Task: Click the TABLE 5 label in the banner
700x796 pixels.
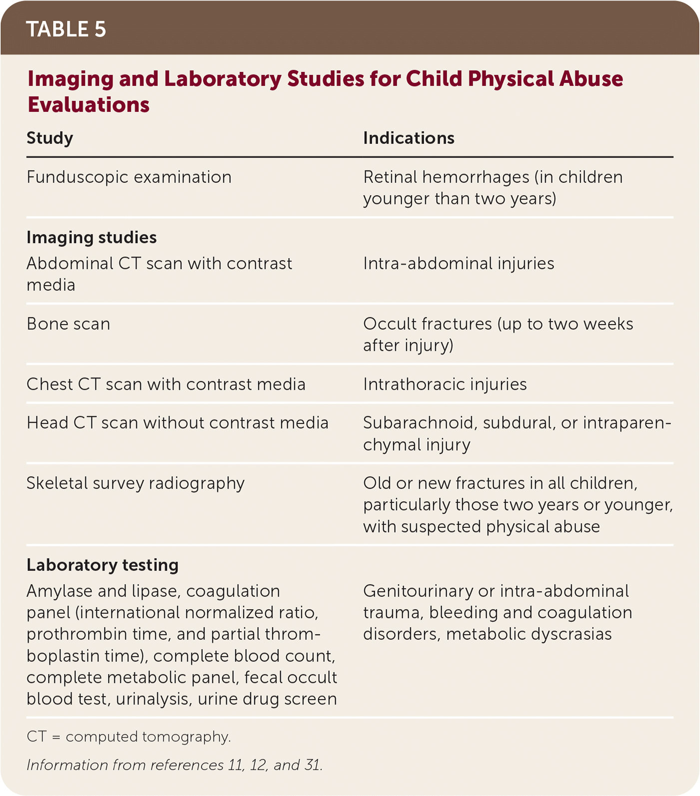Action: (x=66, y=29)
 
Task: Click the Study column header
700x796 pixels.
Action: (x=50, y=138)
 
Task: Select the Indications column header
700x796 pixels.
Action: (x=409, y=138)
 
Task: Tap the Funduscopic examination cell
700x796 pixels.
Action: (x=129, y=177)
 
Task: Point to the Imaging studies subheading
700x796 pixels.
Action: (x=91, y=238)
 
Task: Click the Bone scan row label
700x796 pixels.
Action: (x=68, y=324)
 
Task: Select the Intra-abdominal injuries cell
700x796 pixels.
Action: (x=459, y=264)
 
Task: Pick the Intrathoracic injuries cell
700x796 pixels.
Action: (x=445, y=385)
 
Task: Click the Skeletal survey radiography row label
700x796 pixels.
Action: (x=135, y=483)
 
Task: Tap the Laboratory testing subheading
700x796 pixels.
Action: (x=102, y=565)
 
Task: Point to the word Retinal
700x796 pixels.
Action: (x=390, y=177)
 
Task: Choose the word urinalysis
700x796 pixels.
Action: (x=154, y=699)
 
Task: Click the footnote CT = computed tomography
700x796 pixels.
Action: (x=128, y=737)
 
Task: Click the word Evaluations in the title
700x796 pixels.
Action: (x=88, y=105)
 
